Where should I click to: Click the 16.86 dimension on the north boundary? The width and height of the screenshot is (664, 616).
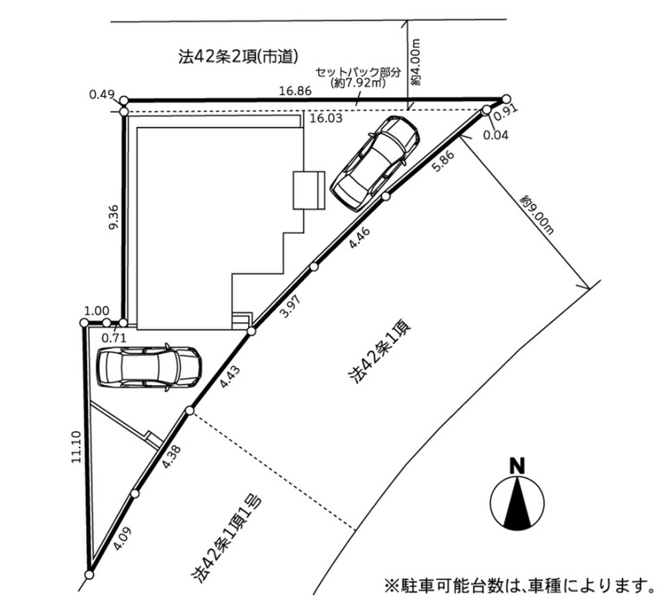[x=296, y=91]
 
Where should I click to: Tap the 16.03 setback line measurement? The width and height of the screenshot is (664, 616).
[x=326, y=118]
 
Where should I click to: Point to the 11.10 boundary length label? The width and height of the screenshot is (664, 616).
[x=77, y=447]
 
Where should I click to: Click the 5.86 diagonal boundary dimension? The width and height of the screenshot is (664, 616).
[x=444, y=162]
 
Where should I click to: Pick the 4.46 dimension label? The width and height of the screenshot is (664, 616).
[x=360, y=237]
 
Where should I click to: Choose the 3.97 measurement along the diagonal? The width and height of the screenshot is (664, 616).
[x=291, y=306]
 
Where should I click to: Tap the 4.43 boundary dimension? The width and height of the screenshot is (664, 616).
[x=230, y=377]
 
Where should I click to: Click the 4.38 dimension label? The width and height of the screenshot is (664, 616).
[x=172, y=457]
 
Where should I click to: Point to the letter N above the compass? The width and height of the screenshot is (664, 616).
[x=517, y=466]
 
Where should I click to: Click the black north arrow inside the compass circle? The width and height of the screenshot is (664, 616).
[x=517, y=502]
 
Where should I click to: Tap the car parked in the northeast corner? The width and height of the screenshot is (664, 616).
[x=374, y=163]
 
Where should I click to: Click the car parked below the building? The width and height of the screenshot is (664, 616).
[x=149, y=367]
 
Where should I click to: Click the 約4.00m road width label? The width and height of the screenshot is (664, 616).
[x=417, y=62]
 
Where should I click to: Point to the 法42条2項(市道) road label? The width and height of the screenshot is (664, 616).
[x=239, y=57]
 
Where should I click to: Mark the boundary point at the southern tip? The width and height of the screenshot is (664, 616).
[x=89, y=574]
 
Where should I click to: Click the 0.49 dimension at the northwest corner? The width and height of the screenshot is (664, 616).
[x=102, y=94]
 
